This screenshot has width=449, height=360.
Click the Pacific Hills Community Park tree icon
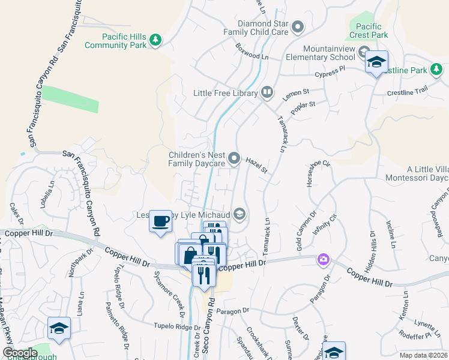click(x=155, y=40)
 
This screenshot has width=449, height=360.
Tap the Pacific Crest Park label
click(x=369, y=31)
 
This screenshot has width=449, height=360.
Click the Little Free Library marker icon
click(x=268, y=93)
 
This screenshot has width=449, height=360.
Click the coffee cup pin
click(x=160, y=221)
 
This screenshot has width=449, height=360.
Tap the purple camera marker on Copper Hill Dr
click(x=324, y=259)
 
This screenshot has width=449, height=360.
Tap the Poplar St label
click(x=303, y=109)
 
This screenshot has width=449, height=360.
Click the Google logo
click(x=20, y=353)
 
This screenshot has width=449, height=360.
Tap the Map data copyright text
click(x=424, y=355)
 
